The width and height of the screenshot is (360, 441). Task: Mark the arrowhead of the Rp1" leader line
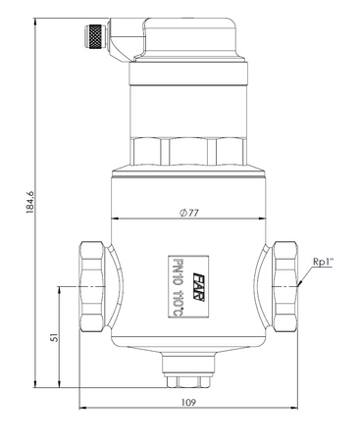(x=292, y=284)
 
